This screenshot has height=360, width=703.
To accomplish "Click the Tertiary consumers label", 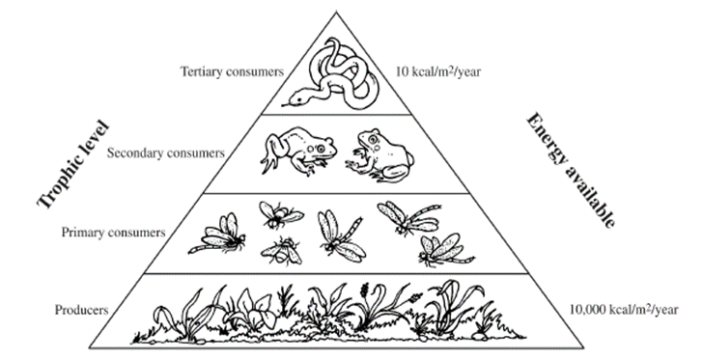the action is pyautogui.click(x=232, y=71).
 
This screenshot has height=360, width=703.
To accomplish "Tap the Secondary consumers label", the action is pyautogui.click(x=165, y=152).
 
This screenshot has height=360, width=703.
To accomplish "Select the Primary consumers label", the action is pyautogui.click(x=113, y=233).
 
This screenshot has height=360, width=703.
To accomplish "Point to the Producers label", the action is pyautogui.click(x=81, y=310).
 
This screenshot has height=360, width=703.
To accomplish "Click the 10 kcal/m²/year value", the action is pyautogui.click(x=438, y=71).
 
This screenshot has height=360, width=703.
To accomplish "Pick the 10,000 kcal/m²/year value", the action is pyautogui.click(x=624, y=310).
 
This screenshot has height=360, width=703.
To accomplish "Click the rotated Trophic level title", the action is pyautogui.click(x=73, y=164).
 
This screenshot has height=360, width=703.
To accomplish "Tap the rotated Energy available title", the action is pyautogui.click(x=571, y=171).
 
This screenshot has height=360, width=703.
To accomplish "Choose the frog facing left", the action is pyautogui.click(x=380, y=155).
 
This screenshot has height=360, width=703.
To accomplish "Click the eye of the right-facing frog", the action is pyautogui.click(x=321, y=148).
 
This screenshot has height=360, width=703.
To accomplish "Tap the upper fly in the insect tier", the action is pyautogui.click(x=279, y=214).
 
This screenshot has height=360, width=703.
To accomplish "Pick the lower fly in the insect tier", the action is pyautogui.click(x=282, y=251).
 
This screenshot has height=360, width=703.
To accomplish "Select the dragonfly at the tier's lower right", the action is pyautogui.click(x=444, y=250).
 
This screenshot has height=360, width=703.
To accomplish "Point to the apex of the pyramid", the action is pyautogui.click(x=336, y=12).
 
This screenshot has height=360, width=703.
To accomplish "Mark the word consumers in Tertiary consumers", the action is pyautogui.click(x=257, y=71).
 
